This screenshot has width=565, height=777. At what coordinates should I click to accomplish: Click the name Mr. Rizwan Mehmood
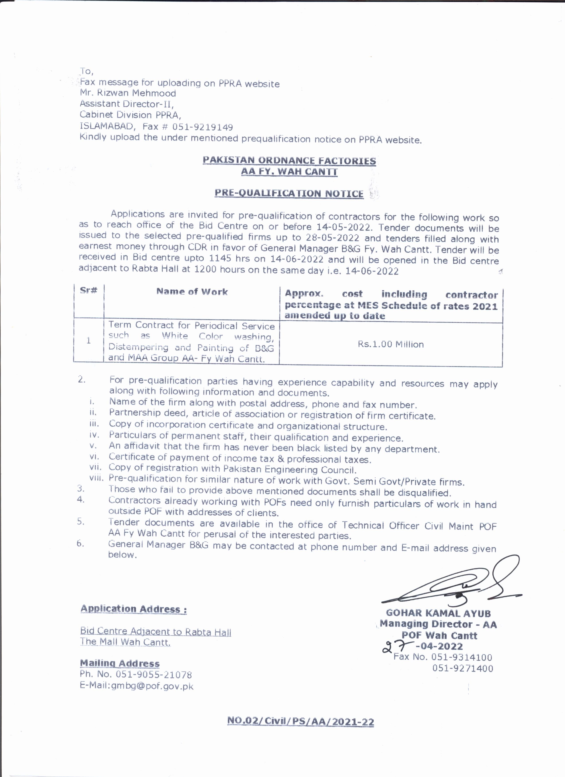128,93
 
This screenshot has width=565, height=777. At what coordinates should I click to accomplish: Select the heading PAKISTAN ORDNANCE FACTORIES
289,161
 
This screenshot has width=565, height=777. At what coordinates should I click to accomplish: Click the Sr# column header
88,290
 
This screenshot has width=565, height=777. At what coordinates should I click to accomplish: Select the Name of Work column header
192,292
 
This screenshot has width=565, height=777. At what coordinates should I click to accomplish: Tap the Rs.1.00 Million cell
391,344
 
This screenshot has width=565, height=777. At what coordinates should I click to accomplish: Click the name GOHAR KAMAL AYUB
438,613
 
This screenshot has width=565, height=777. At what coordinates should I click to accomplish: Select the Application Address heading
134,609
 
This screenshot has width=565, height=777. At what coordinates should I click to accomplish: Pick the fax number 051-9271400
463,668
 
